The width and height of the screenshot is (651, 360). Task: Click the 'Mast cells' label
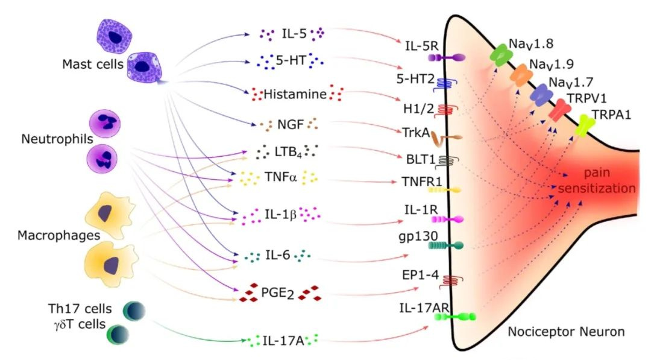pos(90,63)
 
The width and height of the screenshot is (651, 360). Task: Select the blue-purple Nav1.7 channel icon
pos(541,94)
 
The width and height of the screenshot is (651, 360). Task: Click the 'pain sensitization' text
pos(597,181)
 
